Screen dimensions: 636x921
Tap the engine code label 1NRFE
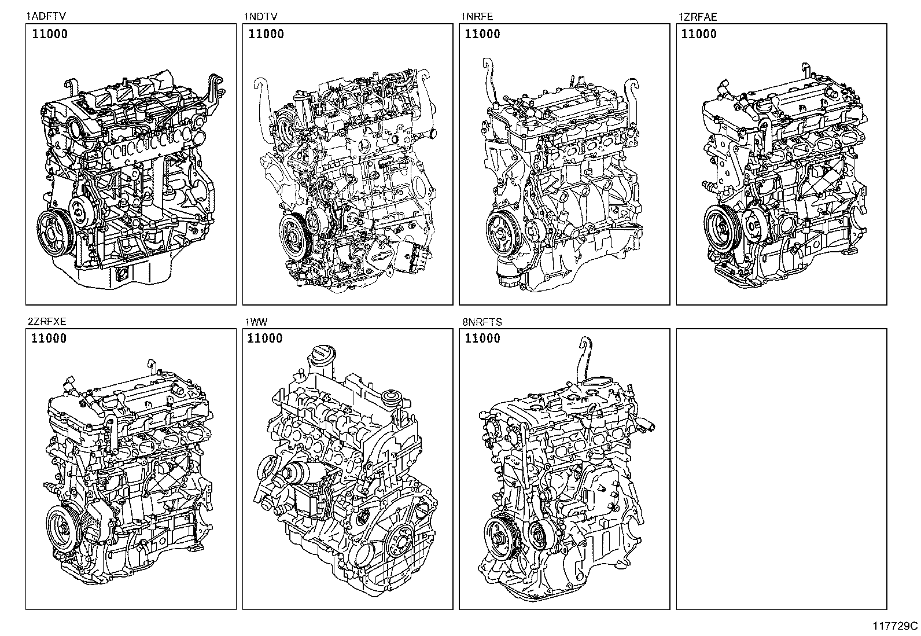pos(476,17)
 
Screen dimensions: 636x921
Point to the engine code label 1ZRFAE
pos(697,17)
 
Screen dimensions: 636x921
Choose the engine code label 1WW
pos(255,322)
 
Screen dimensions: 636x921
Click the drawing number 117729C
pos(895,626)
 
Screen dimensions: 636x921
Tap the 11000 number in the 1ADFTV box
pos(49,34)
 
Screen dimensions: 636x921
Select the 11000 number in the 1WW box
pos(264,339)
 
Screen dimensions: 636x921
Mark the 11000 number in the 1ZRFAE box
pos(699,34)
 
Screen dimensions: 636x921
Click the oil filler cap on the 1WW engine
pos(320,355)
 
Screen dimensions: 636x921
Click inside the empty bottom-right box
pos(781,469)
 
